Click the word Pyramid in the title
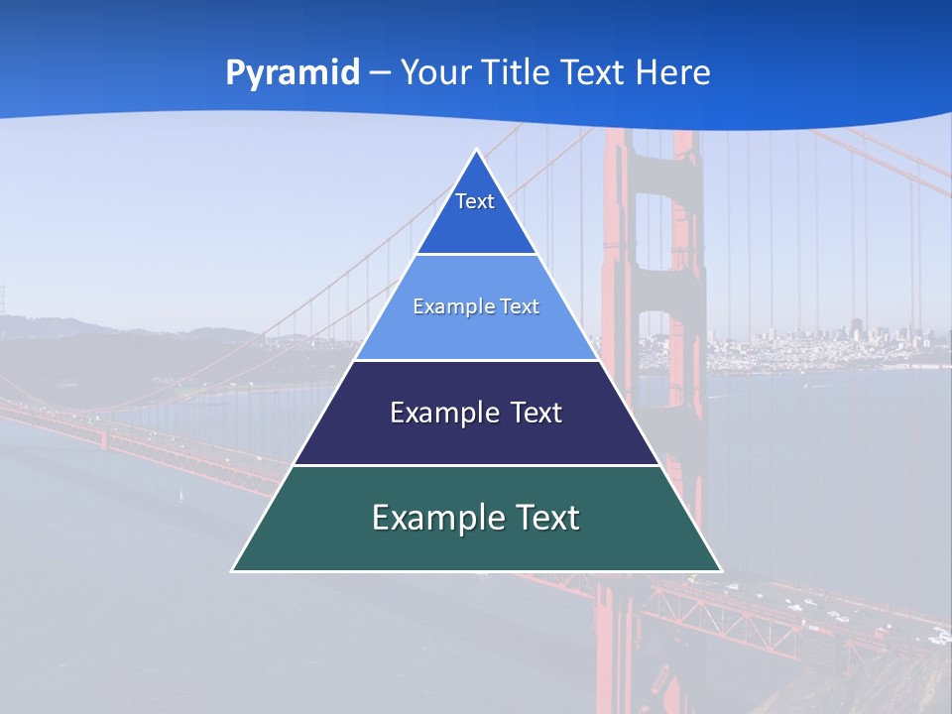coord(293,72)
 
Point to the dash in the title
coord(380,73)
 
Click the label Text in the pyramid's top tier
coord(475,201)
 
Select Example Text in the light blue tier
coord(476,306)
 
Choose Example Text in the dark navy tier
coord(476,413)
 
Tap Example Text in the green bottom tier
coord(476,518)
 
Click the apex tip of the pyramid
coord(477,151)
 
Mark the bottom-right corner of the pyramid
coord(720,570)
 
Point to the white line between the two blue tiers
coord(476,255)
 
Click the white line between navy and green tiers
coord(476,465)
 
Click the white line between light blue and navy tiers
coord(476,360)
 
